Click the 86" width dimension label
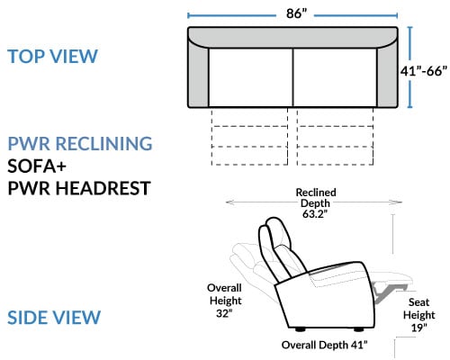point(296,13)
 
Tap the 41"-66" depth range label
point(423,71)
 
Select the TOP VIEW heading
point(52,56)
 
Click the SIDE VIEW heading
point(54,318)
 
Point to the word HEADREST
point(103,188)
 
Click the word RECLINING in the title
point(104,143)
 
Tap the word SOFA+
point(37,166)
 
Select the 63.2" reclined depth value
point(315,214)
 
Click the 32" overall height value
point(224,313)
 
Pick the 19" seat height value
point(418,328)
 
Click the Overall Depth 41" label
point(324,345)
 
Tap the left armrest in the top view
point(198,75)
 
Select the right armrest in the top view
point(387,75)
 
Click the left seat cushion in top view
point(250,77)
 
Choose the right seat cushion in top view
point(335,77)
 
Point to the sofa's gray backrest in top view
point(292,37)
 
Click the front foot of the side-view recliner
point(359,329)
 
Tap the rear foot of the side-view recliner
point(300,329)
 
